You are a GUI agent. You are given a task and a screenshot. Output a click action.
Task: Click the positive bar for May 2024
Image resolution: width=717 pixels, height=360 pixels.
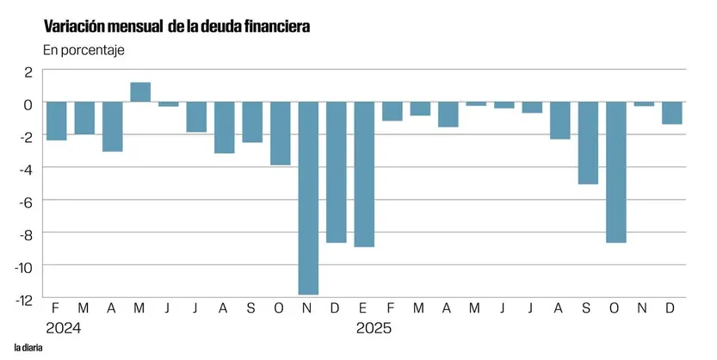point(140,92)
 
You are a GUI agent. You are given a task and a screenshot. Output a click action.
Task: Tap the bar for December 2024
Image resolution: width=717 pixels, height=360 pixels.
point(337,172)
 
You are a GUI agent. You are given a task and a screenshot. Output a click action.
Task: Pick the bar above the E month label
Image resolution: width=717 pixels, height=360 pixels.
point(365,174)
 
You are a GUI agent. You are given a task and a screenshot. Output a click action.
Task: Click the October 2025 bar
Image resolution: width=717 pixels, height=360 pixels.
point(615,172)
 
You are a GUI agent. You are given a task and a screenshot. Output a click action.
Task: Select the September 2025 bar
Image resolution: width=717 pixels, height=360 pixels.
point(588,143)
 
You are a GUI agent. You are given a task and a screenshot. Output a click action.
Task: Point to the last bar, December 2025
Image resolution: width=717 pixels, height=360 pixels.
point(672,113)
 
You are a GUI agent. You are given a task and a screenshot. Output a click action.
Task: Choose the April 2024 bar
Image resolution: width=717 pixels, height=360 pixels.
point(113,127)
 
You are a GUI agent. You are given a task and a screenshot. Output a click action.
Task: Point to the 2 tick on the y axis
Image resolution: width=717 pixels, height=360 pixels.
point(28,71)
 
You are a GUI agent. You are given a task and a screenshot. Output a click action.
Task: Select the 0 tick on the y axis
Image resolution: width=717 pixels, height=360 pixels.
point(28,103)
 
